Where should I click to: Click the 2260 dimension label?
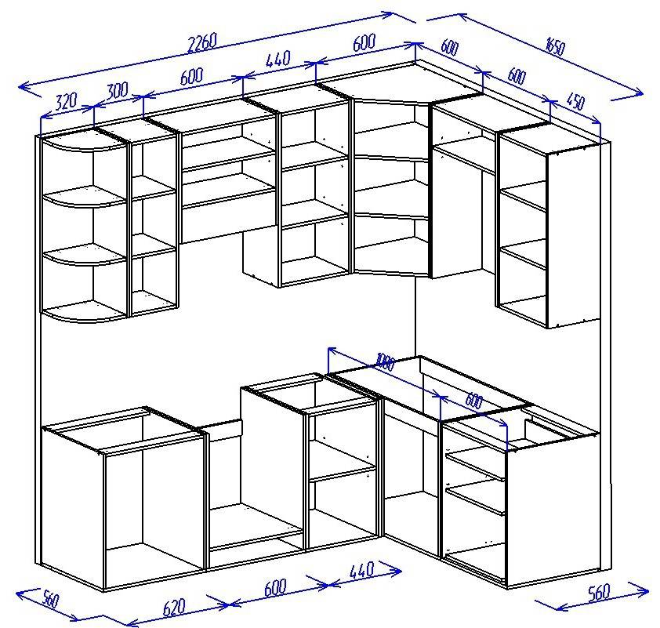click(x=203, y=42)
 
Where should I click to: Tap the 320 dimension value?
click(x=67, y=101)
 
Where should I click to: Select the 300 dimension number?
click(x=117, y=91)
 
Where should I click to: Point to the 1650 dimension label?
click(x=555, y=46)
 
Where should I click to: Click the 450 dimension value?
click(x=576, y=101)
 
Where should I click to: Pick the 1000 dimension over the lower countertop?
click(x=386, y=362)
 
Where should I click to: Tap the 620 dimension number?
click(x=173, y=608)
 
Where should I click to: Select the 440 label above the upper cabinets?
click(x=277, y=60)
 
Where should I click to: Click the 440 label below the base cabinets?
click(x=361, y=570)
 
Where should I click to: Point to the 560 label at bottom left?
click(x=50, y=599)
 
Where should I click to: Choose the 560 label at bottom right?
click(x=599, y=593)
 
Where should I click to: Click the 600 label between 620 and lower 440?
click(x=275, y=587)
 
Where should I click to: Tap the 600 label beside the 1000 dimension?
click(x=474, y=401)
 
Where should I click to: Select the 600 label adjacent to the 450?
click(x=517, y=76)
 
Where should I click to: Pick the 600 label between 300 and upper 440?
click(x=191, y=76)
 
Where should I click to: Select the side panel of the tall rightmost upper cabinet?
click(x=573, y=236)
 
